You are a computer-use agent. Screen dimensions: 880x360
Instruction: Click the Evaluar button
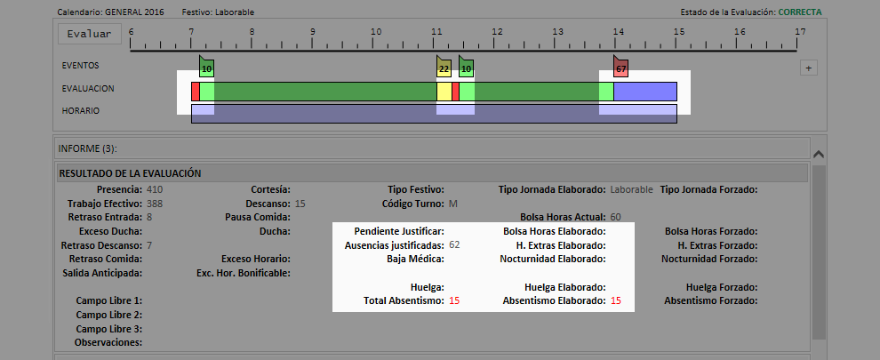[89, 34]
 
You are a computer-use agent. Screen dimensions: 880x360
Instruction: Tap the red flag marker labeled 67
[620, 67]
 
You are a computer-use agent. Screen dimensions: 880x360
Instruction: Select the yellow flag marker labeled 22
[444, 67]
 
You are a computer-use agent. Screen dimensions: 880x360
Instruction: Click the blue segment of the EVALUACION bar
[644, 92]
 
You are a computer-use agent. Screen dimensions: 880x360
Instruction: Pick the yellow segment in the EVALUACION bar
[444, 92]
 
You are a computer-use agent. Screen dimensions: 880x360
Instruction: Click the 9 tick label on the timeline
[312, 31]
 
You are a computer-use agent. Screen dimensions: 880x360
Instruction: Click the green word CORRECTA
[800, 12]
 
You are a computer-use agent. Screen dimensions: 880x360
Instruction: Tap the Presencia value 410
[155, 189]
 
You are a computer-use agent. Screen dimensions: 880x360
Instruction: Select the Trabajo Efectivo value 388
[155, 204]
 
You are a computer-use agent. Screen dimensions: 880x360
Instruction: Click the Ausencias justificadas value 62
[454, 244]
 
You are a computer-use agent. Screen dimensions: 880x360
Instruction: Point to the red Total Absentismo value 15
[454, 300]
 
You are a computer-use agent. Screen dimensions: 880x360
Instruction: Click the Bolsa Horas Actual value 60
[616, 217]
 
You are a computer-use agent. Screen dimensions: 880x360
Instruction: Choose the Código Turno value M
[453, 204]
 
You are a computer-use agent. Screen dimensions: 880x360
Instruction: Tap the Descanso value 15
[300, 204]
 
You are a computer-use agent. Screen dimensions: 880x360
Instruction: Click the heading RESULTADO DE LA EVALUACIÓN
[130, 173]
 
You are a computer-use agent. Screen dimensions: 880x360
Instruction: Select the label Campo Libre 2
[108, 315]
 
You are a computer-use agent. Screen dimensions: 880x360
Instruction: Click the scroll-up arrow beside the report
[819, 154]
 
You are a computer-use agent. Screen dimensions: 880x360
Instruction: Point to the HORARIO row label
[80, 110]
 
